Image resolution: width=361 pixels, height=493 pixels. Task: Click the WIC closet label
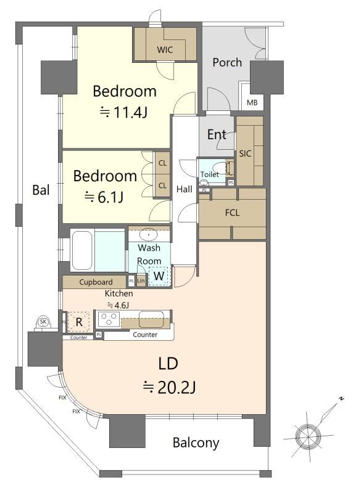pos(165,50)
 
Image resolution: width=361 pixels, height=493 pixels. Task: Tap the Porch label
pos(227,62)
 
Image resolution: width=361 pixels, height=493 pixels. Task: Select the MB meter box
pos(252,102)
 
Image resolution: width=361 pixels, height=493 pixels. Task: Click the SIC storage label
pos(245,153)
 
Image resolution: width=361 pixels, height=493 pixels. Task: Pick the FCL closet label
pos(232,213)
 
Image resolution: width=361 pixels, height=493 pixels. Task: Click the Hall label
pos(184,189)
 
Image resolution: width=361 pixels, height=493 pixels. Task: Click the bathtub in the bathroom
pos(82,251)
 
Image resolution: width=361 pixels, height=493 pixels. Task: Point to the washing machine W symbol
pos(159,276)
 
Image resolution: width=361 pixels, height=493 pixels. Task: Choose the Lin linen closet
pos(141,280)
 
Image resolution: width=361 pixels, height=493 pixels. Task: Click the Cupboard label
pos(96,282)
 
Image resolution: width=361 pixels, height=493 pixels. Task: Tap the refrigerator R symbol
pos(79,322)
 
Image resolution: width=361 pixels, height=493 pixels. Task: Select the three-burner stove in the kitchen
pos(109,319)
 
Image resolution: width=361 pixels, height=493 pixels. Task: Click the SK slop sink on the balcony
pos(43,322)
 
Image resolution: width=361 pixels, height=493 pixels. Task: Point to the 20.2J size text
pos(169,388)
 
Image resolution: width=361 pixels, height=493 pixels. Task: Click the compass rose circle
pos(307,436)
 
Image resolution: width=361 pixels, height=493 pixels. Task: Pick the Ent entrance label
pos(217,134)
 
